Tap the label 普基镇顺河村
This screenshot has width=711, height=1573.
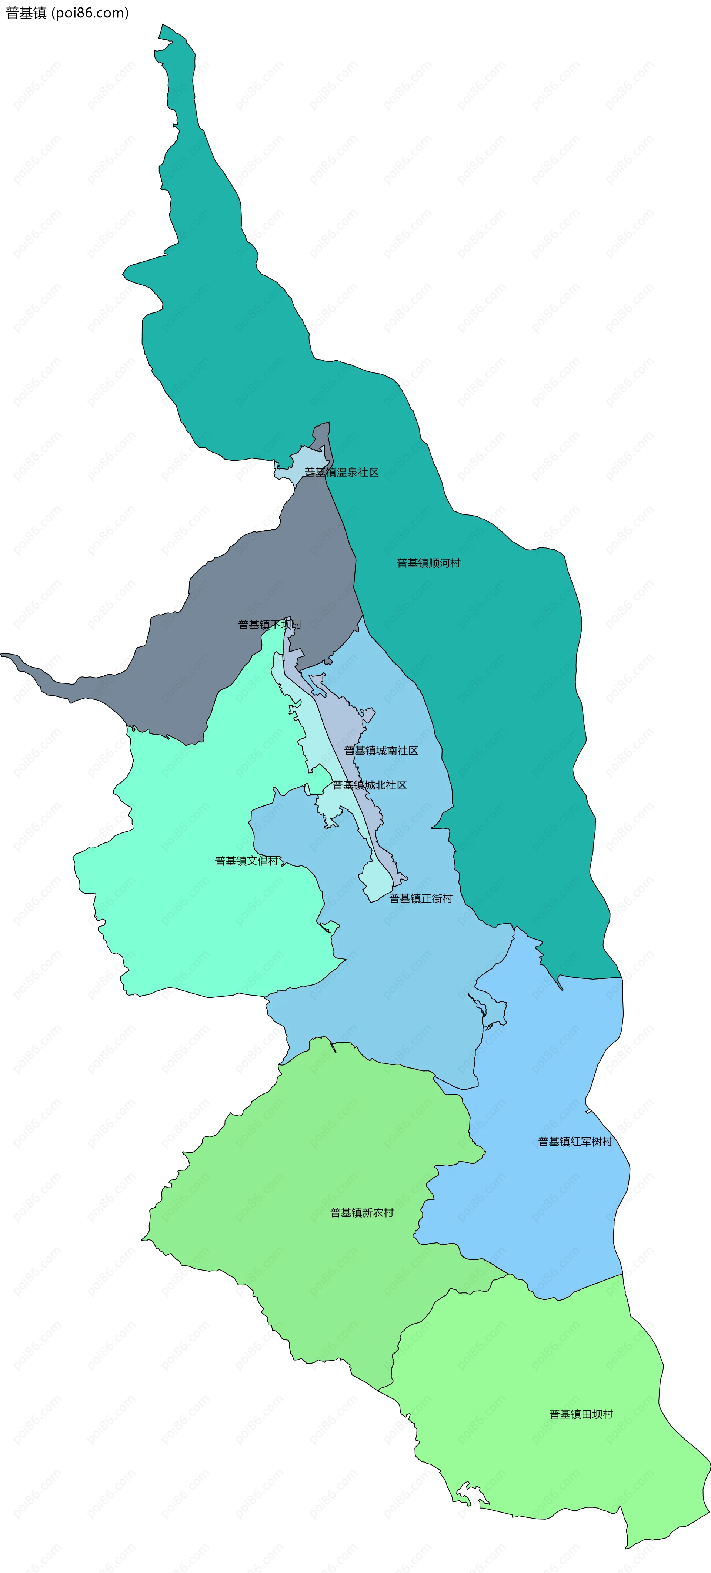[428, 563]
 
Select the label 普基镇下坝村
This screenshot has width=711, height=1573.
[269, 624]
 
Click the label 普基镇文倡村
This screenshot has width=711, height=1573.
[247, 861]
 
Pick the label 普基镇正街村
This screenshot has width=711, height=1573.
[421, 898]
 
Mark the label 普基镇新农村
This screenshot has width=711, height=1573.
[362, 1213]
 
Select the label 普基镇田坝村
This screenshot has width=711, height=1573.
[581, 1414]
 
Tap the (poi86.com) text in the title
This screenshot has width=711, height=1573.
[90, 13]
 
